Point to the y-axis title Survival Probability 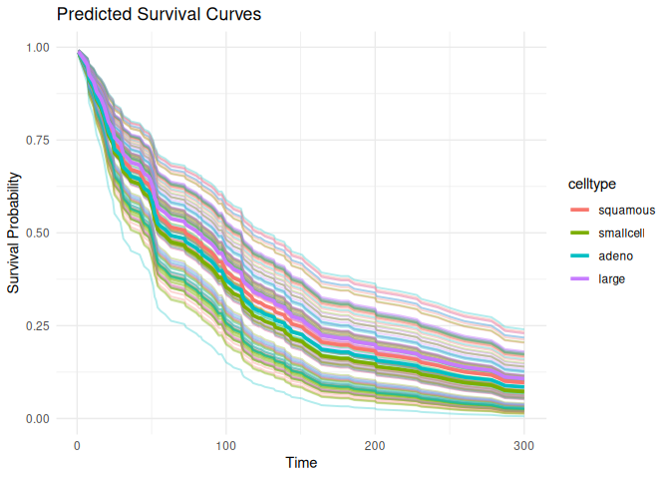click(14, 233)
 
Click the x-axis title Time click(301, 463)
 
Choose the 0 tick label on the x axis click(77, 442)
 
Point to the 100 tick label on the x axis click(226, 442)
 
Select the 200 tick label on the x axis click(376, 442)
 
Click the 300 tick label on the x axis click(524, 442)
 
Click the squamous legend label click(626, 210)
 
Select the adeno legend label click(615, 255)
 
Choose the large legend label click(612, 278)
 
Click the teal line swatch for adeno click(580, 255)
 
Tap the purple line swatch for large click(580, 278)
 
